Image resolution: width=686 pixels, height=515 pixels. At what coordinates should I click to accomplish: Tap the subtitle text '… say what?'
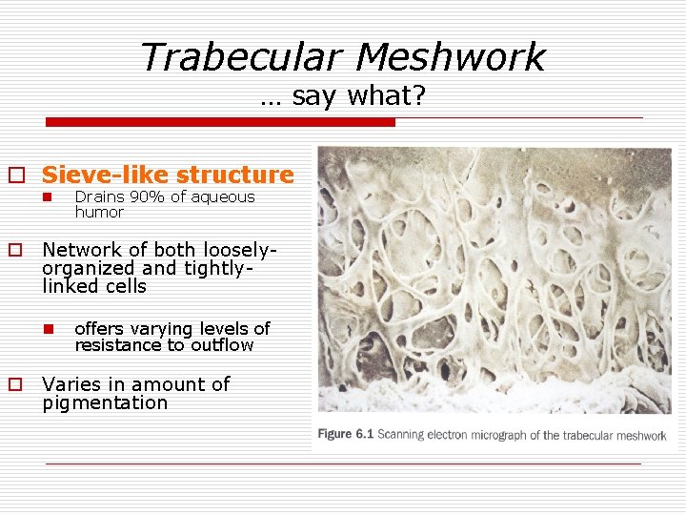[342, 96]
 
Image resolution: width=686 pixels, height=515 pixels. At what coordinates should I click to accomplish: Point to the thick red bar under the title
[221, 122]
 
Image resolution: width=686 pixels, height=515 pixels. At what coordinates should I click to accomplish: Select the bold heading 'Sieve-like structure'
[168, 175]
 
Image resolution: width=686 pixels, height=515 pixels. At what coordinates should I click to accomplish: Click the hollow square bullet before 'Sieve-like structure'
[16, 175]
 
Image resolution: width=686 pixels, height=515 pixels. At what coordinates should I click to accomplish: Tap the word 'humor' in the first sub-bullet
[99, 212]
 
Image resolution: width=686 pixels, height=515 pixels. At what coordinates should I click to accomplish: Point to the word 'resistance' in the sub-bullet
[118, 345]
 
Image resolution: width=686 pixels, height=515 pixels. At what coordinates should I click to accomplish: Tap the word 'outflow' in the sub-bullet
[222, 345]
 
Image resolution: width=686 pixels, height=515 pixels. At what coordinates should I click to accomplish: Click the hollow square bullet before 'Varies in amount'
[16, 385]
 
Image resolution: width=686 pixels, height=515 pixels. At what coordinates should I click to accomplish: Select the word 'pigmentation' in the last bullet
[105, 402]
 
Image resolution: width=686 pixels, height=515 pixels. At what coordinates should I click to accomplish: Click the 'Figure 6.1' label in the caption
[345, 435]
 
